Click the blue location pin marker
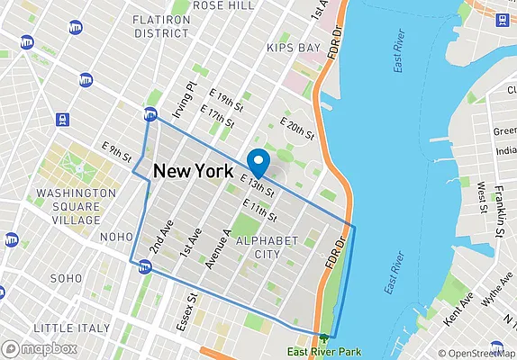[x=258, y=163]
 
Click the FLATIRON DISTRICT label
[x=160, y=26]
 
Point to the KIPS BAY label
[x=294, y=47]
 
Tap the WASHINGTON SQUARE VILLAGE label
[x=68, y=206]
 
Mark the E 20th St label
[x=298, y=129]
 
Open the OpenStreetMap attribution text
[x=476, y=353]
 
